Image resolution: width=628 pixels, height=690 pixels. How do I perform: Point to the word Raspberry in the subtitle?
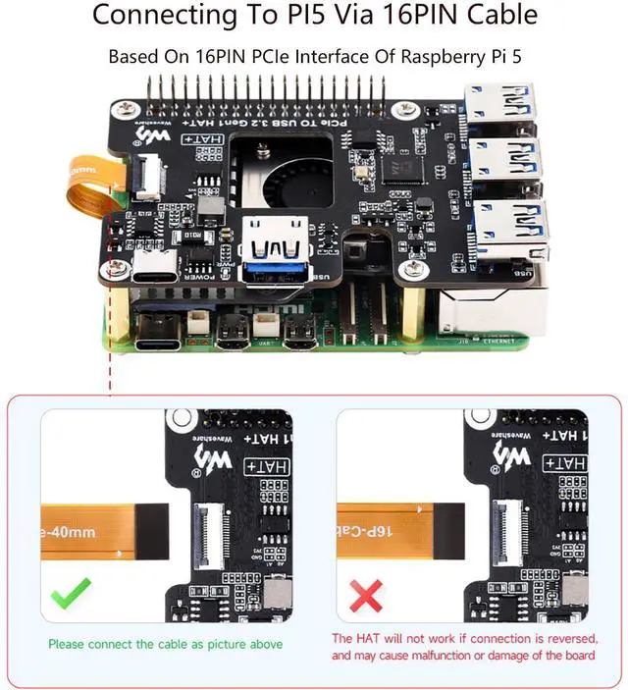coord(433,56)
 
